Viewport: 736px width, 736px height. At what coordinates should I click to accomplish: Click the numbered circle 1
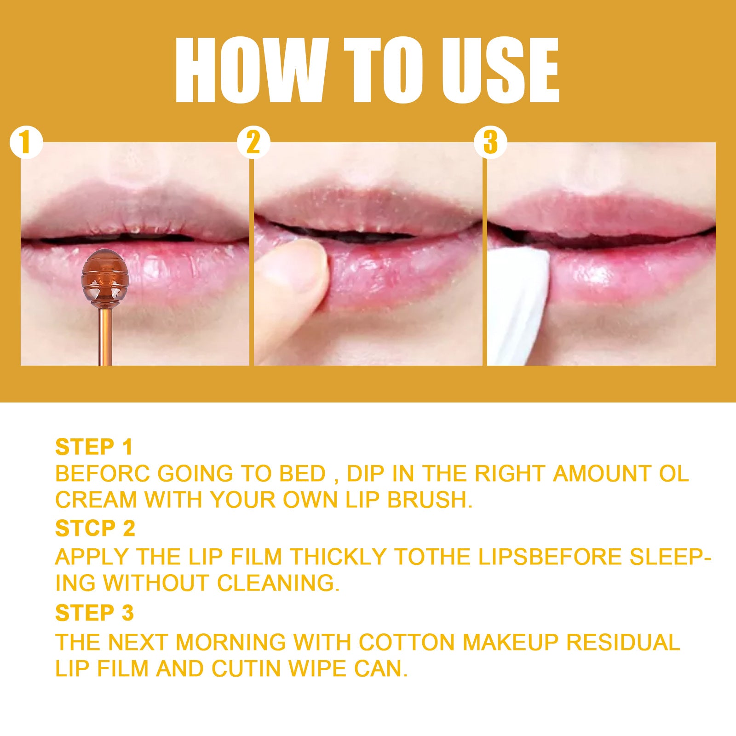click(x=26, y=143)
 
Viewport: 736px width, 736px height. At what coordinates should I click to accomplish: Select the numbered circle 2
click(x=253, y=143)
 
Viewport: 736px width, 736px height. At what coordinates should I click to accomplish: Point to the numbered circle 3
click(x=490, y=143)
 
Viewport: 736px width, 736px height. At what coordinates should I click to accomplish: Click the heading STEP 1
click(x=94, y=447)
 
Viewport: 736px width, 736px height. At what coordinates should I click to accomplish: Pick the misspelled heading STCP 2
click(x=95, y=529)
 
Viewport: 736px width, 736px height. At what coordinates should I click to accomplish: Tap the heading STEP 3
click(x=94, y=613)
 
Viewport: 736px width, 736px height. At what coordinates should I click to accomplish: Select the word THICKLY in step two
click(x=338, y=557)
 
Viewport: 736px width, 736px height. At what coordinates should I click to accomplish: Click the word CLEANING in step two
click(x=278, y=583)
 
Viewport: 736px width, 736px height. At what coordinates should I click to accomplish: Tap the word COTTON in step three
click(x=407, y=643)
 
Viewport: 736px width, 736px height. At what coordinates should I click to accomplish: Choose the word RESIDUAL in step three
click(x=623, y=643)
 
